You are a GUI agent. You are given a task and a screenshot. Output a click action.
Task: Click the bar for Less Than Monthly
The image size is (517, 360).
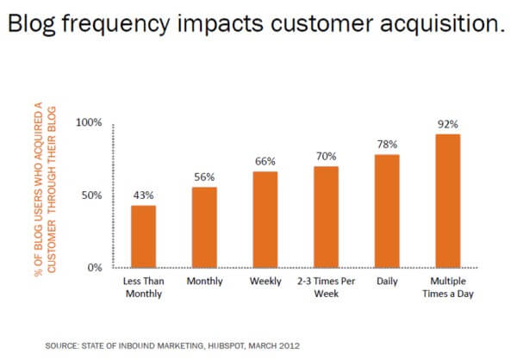(x=143, y=236)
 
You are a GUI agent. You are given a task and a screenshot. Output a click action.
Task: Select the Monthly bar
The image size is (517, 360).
(x=204, y=227)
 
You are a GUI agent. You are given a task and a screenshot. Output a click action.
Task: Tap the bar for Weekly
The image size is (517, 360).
(x=265, y=219)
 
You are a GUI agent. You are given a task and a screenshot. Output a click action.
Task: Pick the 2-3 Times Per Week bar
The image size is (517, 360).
(x=326, y=216)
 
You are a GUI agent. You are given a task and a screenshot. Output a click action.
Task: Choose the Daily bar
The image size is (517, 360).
(x=387, y=210)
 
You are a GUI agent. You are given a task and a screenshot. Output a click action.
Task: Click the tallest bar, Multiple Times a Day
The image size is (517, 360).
(x=448, y=200)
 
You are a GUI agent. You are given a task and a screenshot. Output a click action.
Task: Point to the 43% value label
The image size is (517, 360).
(x=143, y=195)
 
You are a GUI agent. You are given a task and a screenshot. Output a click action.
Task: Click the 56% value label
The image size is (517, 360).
(x=204, y=177)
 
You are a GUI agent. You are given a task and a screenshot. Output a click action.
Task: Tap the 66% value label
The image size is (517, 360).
(x=265, y=161)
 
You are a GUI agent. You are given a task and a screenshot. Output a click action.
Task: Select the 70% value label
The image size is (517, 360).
(x=326, y=156)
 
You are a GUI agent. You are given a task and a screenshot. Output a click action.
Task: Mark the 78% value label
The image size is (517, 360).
(x=387, y=144)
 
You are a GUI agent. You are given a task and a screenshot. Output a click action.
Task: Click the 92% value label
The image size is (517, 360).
(x=448, y=123)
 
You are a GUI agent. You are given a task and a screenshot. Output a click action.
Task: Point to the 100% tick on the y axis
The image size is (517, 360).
(x=89, y=122)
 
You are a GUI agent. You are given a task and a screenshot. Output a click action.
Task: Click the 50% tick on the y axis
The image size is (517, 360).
(x=92, y=195)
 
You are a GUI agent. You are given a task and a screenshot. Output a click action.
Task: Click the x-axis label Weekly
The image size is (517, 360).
(x=265, y=282)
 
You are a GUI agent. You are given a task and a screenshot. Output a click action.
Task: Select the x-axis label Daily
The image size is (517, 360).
(x=387, y=282)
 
